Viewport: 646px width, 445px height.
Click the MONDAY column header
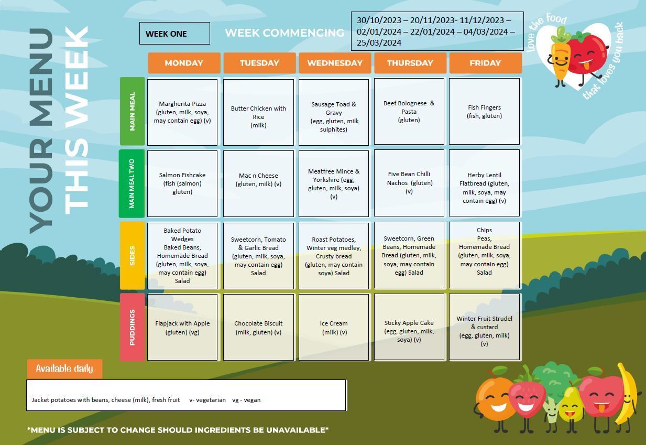tap(184, 63)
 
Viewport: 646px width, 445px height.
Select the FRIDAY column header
tap(485, 63)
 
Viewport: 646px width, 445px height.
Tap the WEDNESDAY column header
tap(335, 63)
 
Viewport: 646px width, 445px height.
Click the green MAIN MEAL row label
tap(132, 111)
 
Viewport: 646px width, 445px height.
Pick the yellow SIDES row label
tap(132, 255)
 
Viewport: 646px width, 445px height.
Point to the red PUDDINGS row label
tap(132, 327)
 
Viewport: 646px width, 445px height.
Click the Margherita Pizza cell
tap(182, 112)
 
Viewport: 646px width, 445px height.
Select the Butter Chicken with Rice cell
tap(258, 112)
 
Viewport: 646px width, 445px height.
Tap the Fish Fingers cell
tap(484, 112)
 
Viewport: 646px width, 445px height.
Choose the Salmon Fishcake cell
tap(182, 183)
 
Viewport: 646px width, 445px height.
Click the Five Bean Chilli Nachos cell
tap(409, 183)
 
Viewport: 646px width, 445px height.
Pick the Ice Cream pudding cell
tap(334, 327)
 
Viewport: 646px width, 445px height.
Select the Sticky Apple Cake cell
tap(409, 327)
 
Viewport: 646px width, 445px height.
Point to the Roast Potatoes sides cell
tap(334, 256)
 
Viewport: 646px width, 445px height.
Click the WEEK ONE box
tap(174, 33)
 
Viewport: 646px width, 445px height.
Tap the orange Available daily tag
tap(64, 368)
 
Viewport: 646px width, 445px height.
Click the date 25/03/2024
tap(379, 42)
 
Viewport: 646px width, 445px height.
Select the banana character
tap(626, 398)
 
